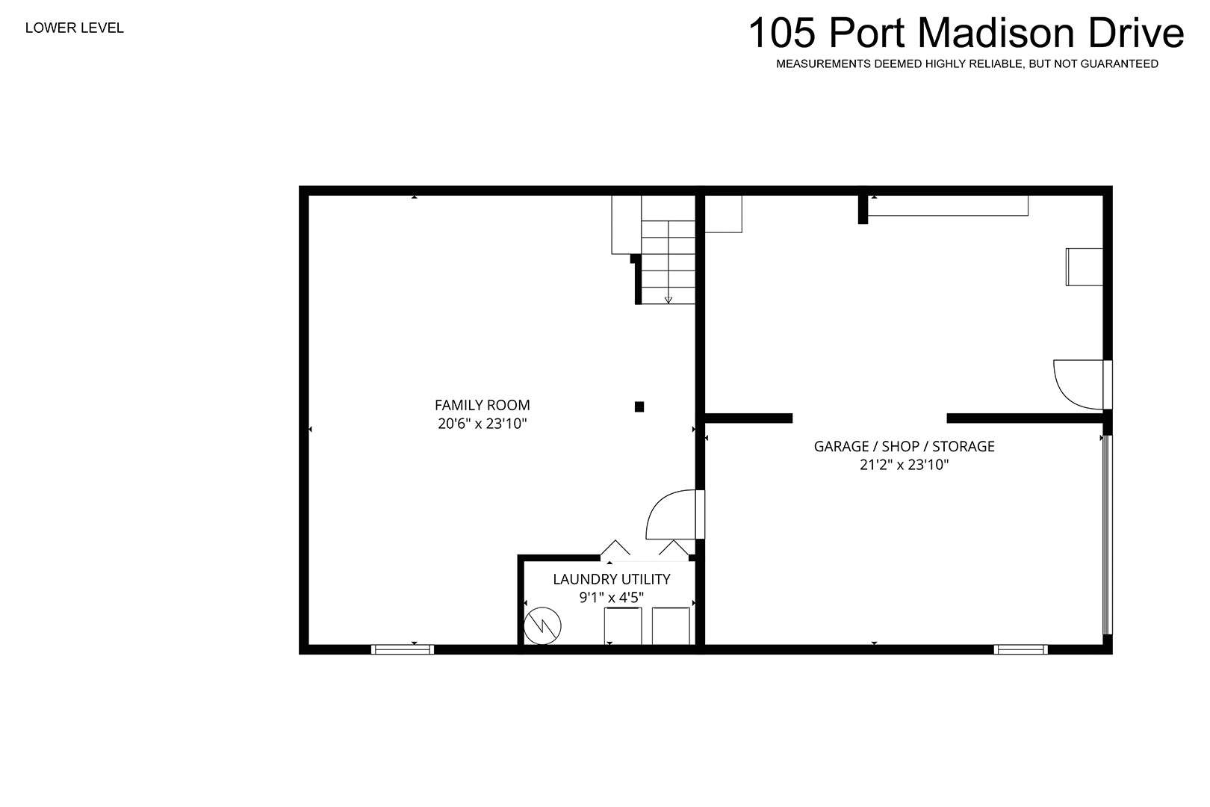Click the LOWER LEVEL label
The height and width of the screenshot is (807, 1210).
click(x=75, y=28)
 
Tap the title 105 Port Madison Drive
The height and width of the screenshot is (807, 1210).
click(x=966, y=33)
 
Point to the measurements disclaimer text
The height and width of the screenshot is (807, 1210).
click(x=967, y=64)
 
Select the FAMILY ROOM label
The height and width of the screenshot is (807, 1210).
click(x=483, y=405)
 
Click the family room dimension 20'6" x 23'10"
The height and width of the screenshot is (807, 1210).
click(x=483, y=423)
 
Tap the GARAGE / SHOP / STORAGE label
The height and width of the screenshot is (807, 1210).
click(x=905, y=447)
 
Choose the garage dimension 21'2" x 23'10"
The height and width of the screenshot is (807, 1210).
click(x=905, y=465)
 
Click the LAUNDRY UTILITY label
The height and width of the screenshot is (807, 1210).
click(x=612, y=579)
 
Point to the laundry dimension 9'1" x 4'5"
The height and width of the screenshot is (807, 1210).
click(x=612, y=597)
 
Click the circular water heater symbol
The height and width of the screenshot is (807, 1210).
click(x=542, y=626)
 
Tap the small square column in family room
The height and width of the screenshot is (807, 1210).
click(x=639, y=406)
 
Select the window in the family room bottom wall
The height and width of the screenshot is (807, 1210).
click(x=403, y=649)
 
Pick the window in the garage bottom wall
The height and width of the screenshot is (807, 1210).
click(x=1020, y=649)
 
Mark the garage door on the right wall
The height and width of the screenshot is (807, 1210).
click(x=1107, y=534)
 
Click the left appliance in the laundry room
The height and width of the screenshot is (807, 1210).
click(x=623, y=626)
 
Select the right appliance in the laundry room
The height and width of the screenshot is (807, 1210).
click(x=671, y=626)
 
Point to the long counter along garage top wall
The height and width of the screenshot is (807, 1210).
click(x=948, y=205)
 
